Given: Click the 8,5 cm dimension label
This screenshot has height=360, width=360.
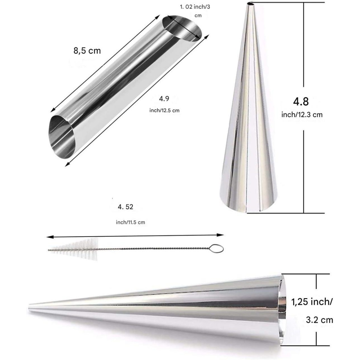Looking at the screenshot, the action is click(x=87, y=51).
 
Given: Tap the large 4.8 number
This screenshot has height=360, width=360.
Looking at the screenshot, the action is click(x=301, y=102).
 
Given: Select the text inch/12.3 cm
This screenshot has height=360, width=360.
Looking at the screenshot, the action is click(x=302, y=115).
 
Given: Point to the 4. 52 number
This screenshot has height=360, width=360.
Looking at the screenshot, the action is click(x=125, y=207).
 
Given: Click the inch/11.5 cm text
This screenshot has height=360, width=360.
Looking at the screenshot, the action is click(x=130, y=222).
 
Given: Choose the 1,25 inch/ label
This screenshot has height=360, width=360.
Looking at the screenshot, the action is click(x=312, y=302).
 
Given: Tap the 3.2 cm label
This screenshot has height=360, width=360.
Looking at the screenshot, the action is click(x=319, y=320).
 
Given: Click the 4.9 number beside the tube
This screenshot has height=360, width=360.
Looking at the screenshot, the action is click(x=164, y=99).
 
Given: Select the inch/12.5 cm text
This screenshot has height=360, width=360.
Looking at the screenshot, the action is click(x=164, y=110).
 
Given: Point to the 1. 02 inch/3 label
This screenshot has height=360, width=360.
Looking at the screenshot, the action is click(x=195, y=7).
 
